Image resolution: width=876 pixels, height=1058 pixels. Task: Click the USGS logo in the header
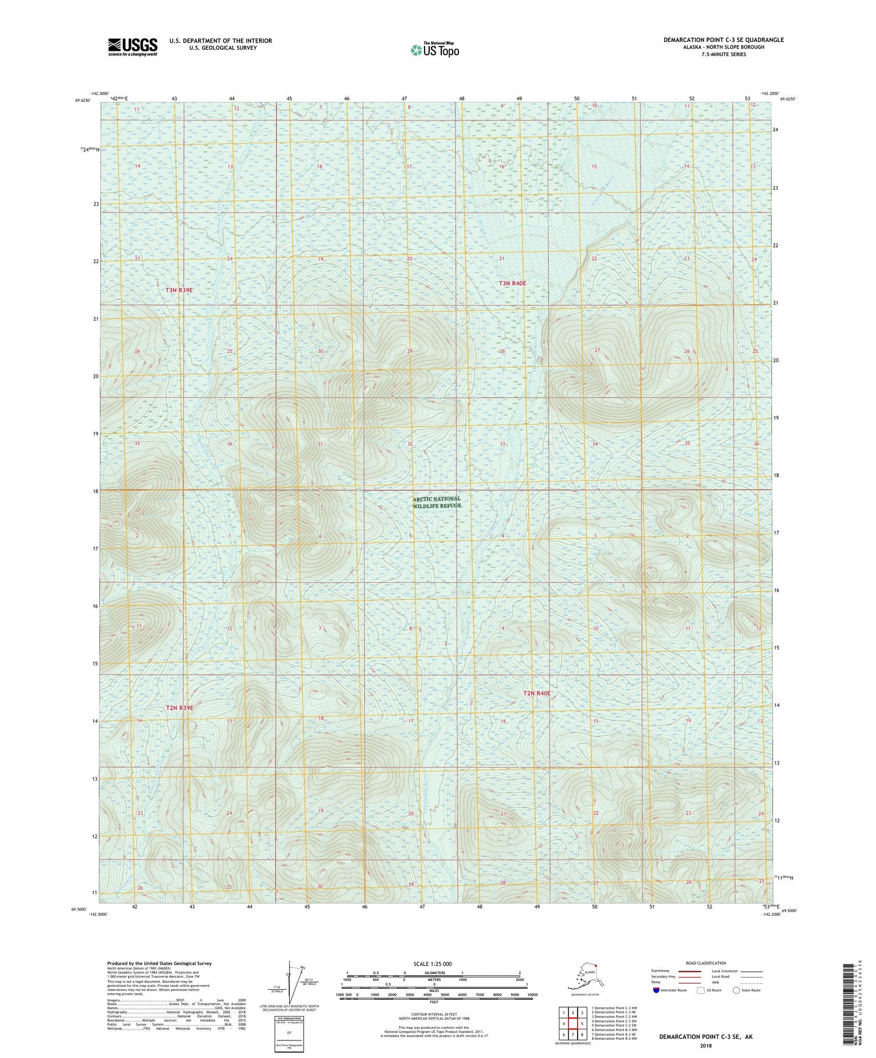[133, 47]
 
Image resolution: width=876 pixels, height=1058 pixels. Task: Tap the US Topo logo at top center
[434, 50]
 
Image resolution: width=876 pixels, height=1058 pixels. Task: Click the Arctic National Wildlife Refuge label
[437, 502]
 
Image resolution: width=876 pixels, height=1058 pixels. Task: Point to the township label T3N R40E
[512, 283]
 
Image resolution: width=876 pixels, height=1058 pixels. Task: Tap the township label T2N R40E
[537, 693]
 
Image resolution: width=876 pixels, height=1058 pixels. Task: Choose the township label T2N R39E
[179, 708]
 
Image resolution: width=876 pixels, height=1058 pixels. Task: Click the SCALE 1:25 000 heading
[432, 964]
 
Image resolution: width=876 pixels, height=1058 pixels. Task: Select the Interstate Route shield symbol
[656, 990]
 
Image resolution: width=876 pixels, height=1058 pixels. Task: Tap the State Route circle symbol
[736, 990]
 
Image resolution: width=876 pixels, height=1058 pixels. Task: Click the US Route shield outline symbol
[701, 990]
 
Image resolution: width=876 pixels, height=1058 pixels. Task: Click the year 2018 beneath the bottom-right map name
[705, 1045]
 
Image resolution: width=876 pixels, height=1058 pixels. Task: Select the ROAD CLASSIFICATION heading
[706, 963]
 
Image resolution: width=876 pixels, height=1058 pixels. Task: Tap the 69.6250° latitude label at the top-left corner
[84, 100]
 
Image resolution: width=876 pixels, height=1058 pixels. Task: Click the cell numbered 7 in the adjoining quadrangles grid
[573, 1035]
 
